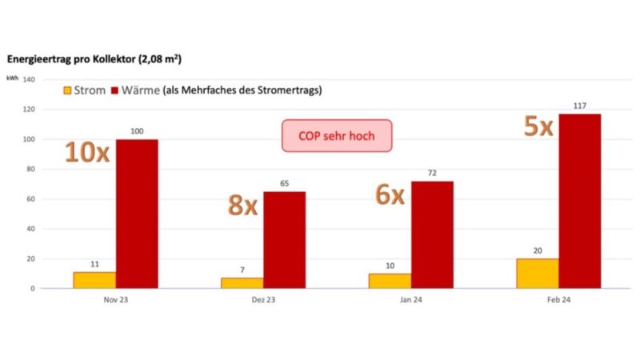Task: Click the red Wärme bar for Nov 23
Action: pos(137,214)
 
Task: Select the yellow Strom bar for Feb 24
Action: pos(538,273)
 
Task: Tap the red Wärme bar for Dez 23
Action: pos(284,239)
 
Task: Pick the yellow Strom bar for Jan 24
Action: pos(390,280)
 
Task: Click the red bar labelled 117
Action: pos(579,201)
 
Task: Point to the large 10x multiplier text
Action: pos(86,152)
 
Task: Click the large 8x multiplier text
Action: pos(242,205)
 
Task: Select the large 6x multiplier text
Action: pos(391,194)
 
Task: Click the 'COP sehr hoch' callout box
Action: pos(336,136)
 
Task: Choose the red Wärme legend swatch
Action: pos(115,90)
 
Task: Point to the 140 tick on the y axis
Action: pos(29,79)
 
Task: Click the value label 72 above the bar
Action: pos(432,173)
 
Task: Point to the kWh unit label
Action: pos(13,78)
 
